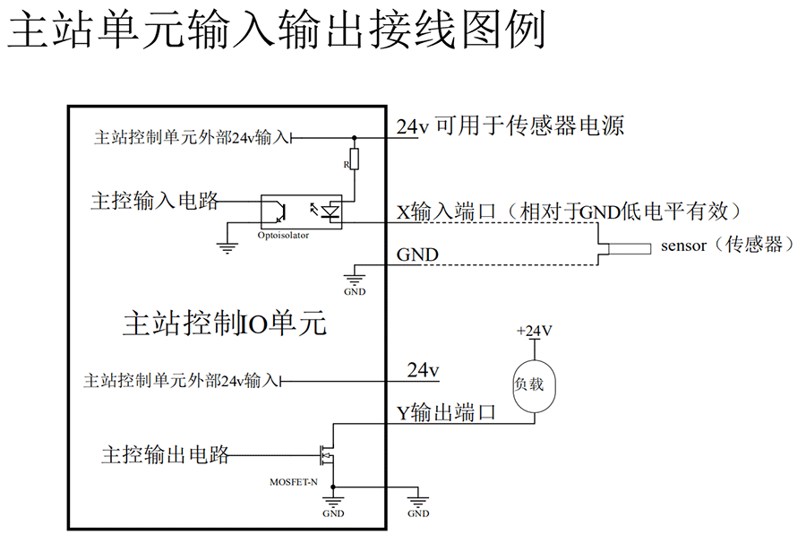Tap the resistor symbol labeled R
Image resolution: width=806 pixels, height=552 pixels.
click(x=354, y=160)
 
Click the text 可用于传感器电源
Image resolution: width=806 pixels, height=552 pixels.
click(x=529, y=125)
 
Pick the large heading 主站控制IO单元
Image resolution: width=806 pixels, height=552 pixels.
click(x=224, y=324)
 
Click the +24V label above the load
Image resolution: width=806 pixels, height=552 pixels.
click(x=534, y=331)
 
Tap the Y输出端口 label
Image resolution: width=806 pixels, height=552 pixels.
click(x=446, y=412)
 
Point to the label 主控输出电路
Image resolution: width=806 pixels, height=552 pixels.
click(x=166, y=455)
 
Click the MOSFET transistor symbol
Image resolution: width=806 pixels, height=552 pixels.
click(x=329, y=455)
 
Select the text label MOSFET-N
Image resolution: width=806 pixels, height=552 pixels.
click(x=294, y=481)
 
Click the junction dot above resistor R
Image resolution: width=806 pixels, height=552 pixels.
click(x=355, y=138)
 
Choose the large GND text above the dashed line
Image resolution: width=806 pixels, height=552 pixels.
click(x=417, y=255)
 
